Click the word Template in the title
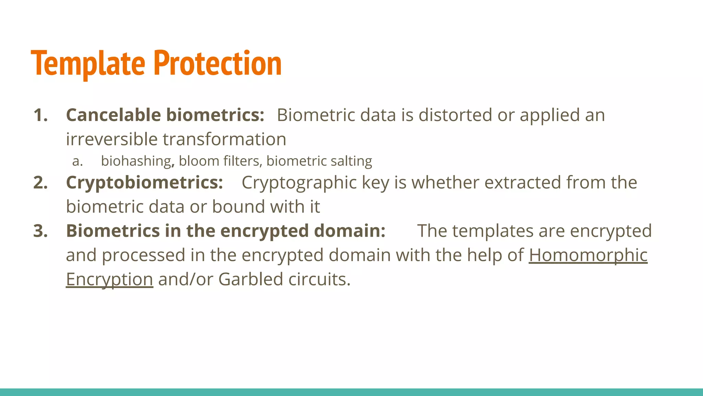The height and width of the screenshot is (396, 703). pyautogui.click(x=88, y=63)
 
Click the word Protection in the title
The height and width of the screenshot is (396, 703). pyautogui.click(x=218, y=63)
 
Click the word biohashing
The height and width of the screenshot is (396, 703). pyautogui.click(x=136, y=161)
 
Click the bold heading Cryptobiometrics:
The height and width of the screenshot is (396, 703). pyautogui.click(x=144, y=183)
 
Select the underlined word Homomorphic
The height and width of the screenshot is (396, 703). pyautogui.click(x=588, y=255)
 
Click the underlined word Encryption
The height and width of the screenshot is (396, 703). pyautogui.click(x=109, y=279)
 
